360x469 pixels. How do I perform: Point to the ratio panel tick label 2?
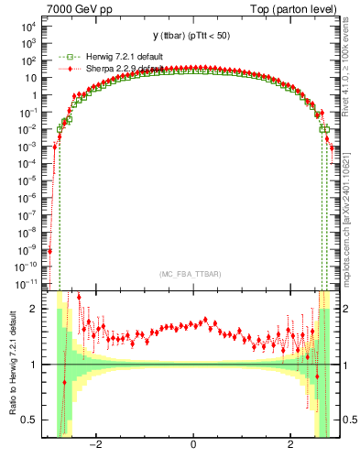(x=36, y=309)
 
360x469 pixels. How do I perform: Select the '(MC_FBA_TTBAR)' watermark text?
(x=192, y=275)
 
